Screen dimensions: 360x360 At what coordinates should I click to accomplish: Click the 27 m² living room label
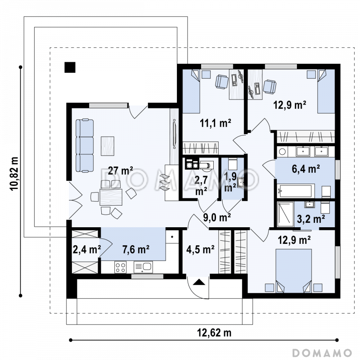coord(120,171)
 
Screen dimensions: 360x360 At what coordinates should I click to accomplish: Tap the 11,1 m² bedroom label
coord(216,123)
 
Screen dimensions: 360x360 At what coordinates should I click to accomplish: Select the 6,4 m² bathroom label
coord(306,169)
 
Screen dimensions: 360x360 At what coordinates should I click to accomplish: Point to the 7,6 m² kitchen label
coord(136,249)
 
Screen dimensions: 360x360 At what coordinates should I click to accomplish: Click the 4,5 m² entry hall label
coord(200,249)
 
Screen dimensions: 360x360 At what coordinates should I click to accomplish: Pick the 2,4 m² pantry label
coord(86,249)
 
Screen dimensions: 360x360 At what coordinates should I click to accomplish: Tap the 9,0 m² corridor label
coord(217,217)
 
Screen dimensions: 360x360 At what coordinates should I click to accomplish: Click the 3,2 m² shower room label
coord(311,219)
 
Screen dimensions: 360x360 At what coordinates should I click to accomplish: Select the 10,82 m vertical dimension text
coord(14,174)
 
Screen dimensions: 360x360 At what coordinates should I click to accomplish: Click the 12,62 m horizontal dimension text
coord(214,333)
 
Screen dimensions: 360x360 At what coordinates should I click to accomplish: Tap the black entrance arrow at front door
coord(199,282)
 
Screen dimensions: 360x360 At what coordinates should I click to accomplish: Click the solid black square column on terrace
coord(70,67)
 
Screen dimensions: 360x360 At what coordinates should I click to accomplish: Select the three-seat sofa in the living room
coord(85,145)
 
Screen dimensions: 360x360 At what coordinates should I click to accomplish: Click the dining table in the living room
coord(111,197)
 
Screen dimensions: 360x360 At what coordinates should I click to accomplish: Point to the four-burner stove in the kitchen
coord(120,267)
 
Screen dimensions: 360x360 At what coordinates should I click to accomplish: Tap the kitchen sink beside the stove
coord(143,267)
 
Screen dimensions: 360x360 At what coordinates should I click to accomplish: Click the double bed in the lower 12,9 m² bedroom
coord(294,270)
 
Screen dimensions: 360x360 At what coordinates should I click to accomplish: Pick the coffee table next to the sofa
coord(108,146)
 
